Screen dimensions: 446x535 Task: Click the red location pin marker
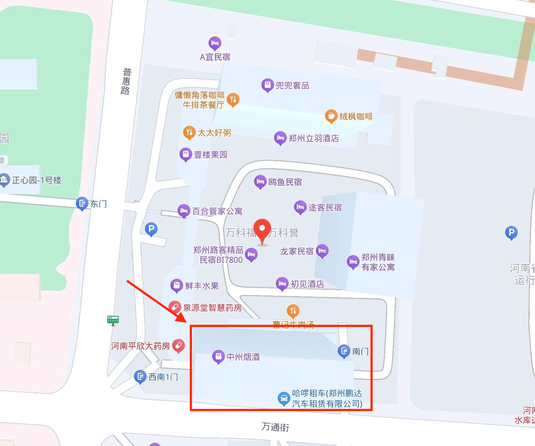[262, 229]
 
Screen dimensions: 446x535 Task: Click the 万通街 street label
[275, 427]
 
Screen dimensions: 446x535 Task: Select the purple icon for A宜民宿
[215, 43]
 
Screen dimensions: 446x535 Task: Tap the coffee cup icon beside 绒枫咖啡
[331, 116]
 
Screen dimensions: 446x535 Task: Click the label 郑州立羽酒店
[313, 138]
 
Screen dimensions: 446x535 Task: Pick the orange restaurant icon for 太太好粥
[189, 133]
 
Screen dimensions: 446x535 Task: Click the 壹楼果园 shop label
[210, 155]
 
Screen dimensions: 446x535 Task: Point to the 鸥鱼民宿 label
[285, 182]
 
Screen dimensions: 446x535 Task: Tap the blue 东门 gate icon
[82, 204]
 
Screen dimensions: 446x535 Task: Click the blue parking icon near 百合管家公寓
[151, 229]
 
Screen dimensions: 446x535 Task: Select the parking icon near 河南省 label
[511, 233]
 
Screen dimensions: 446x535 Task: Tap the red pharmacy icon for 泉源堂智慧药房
[175, 307]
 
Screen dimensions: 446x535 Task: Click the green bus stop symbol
[113, 320]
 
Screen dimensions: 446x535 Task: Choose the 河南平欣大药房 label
[140, 346]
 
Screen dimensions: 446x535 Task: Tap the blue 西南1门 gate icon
[140, 377]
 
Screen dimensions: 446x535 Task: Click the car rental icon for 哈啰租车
[283, 398]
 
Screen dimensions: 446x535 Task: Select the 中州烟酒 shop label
[243, 357]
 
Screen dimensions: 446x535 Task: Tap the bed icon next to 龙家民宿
[322, 251]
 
